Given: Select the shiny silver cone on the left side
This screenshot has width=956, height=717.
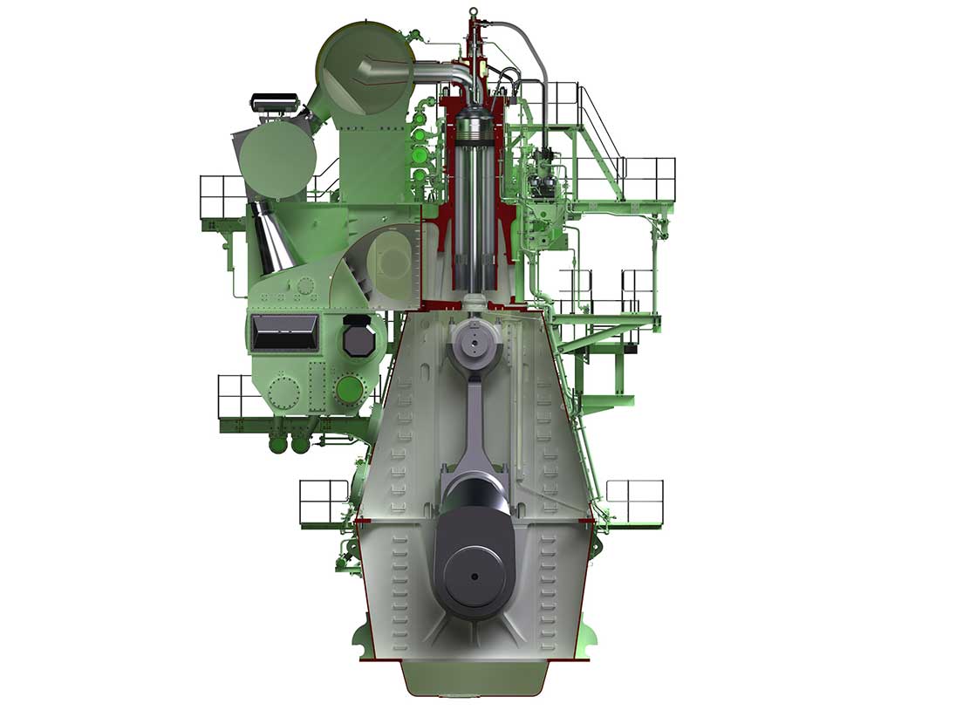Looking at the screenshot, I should point(273,236).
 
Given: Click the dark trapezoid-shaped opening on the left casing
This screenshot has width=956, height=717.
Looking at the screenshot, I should point(283,332).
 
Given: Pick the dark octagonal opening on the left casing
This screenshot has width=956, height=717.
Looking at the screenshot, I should point(359,336).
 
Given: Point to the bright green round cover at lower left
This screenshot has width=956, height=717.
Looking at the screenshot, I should point(349,388).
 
